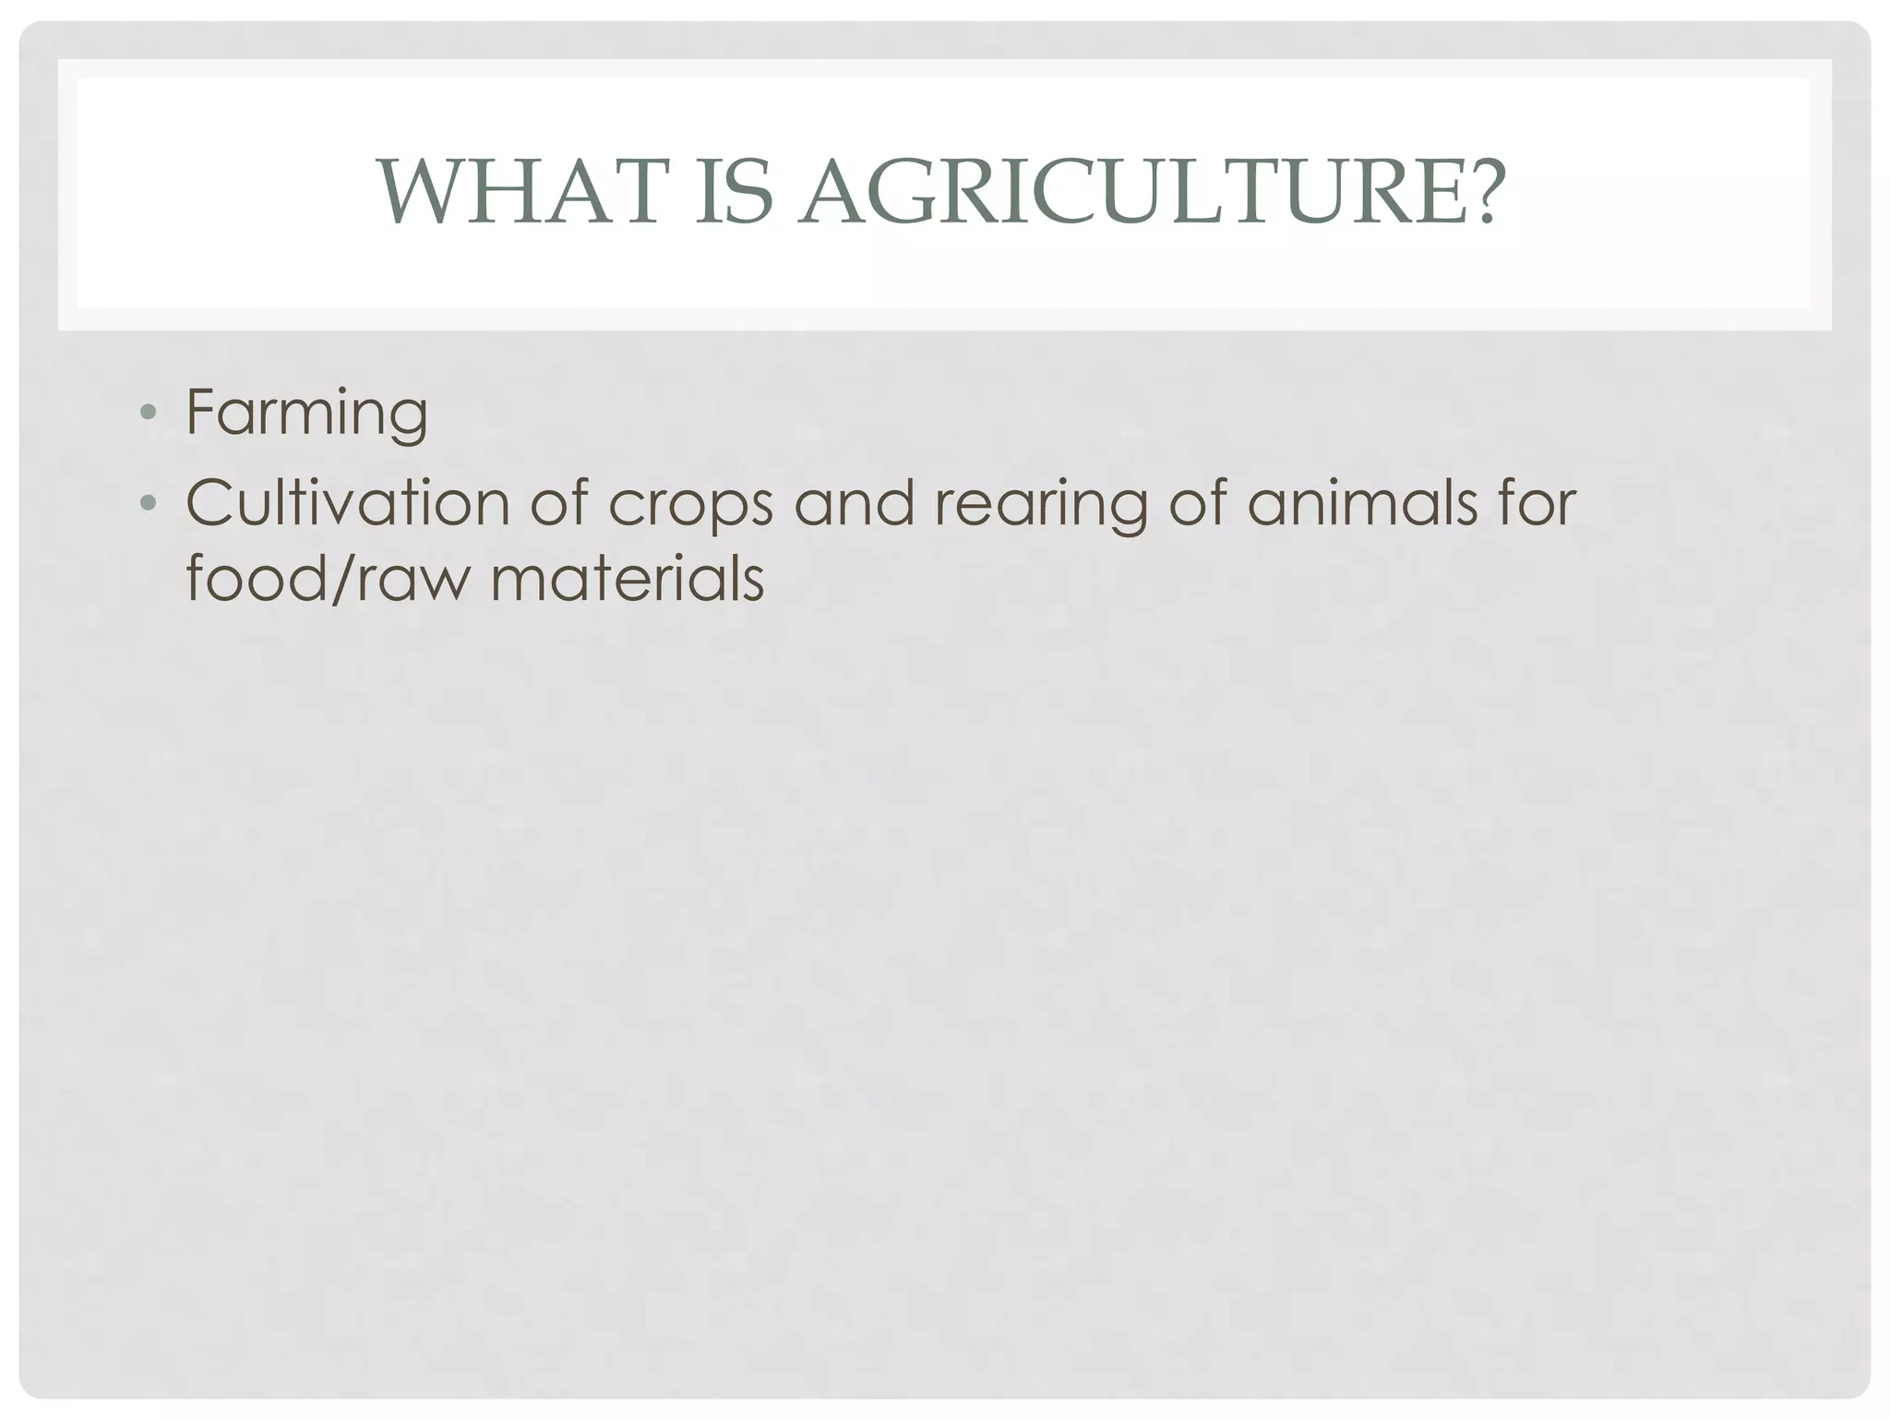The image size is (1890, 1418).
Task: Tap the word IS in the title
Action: (733, 192)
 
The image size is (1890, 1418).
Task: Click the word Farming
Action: (306, 413)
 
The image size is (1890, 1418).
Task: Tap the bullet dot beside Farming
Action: (148, 413)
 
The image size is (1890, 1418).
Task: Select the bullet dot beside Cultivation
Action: (148, 503)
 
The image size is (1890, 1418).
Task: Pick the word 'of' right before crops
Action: (560, 503)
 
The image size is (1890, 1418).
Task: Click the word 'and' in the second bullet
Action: (855, 503)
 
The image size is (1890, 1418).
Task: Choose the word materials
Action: (627, 580)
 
